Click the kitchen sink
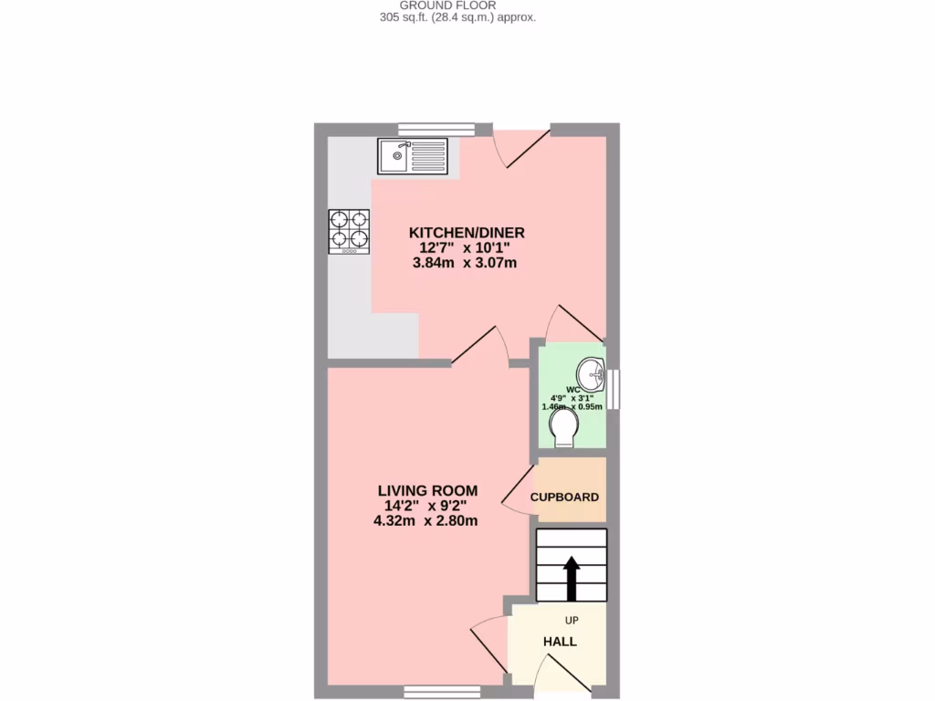pyautogui.click(x=413, y=155)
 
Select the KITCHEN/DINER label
pyautogui.click(x=467, y=232)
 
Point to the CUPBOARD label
pyautogui.click(x=564, y=497)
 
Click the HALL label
pyautogui.click(x=560, y=642)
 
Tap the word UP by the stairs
pyautogui.click(x=572, y=621)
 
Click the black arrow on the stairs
pyautogui.click(x=572, y=577)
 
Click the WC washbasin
pyautogui.click(x=591, y=371)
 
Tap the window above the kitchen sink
pyautogui.click(x=436, y=130)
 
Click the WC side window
pyautogui.click(x=615, y=388)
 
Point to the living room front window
pyautogui.click(x=442, y=692)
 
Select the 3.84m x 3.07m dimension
pyautogui.click(x=465, y=264)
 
